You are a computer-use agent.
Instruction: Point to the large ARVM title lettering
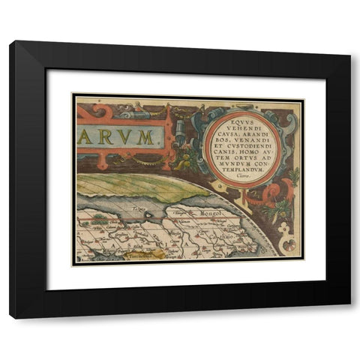[118, 137]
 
